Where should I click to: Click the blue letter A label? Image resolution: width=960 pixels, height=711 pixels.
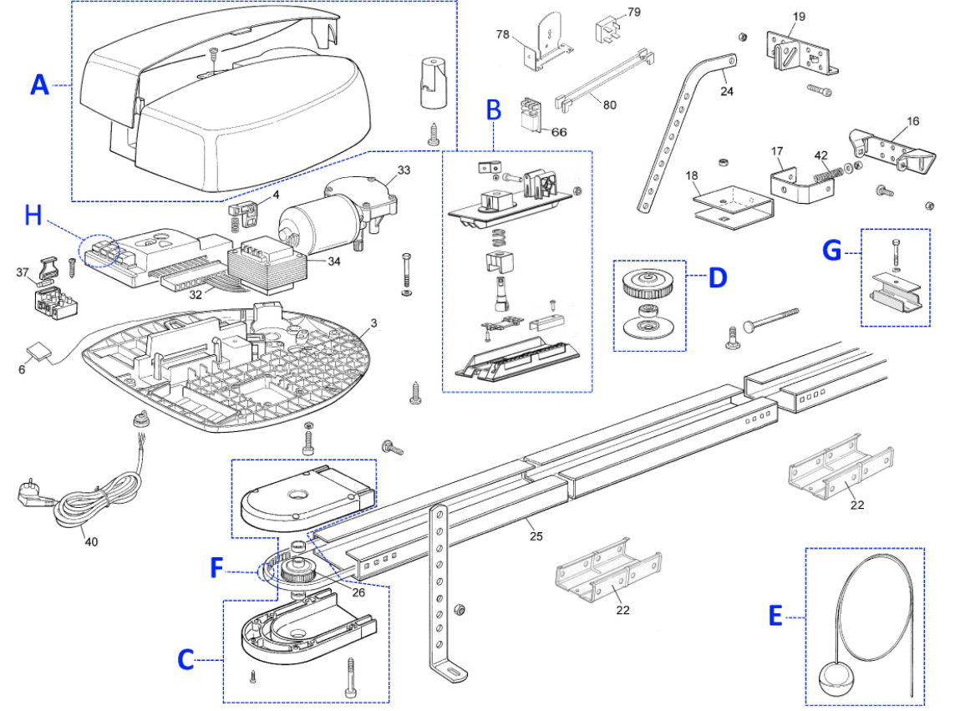(x=40, y=84)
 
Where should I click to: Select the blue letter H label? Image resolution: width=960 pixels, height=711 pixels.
(x=33, y=215)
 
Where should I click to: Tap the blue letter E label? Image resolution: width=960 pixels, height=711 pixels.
(x=775, y=616)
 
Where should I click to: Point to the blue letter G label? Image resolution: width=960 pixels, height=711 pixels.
(x=832, y=251)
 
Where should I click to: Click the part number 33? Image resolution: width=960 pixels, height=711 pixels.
(x=404, y=170)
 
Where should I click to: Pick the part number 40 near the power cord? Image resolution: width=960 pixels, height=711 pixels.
(x=91, y=541)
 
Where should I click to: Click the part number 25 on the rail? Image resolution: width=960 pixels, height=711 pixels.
(x=536, y=536)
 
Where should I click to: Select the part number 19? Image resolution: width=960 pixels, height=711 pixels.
(x=799, y=17)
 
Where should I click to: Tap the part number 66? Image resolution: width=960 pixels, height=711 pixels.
(x=559, y=132)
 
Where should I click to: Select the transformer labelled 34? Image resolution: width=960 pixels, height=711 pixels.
(x=266, y=265)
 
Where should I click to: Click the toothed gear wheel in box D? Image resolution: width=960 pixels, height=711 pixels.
(x=649, y=284)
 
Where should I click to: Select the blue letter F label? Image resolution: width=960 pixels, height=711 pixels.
(x=216, y=567)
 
